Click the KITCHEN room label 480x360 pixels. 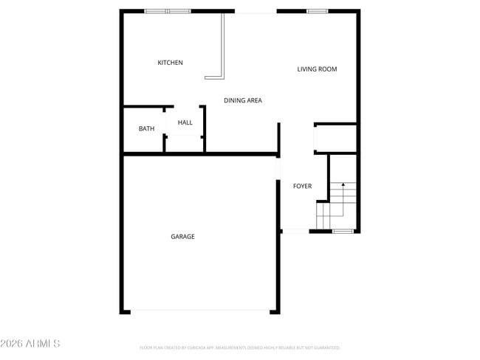point(170,63)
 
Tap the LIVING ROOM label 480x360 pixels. point(317,69)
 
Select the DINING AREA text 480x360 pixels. point(243,100)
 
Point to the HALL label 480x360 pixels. point(185,122)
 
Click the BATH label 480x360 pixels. point(146,129)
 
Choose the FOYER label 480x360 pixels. point(302,186)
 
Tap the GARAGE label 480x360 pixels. point(182,237)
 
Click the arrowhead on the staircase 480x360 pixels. point(343,185)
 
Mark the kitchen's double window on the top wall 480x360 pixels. point(168,11)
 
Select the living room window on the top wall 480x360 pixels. point(318,11)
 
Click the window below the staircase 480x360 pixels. point(342,232)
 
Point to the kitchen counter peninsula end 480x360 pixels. point(214,76)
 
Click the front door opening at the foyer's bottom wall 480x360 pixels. point(295,232)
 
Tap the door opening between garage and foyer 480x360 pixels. point(278,169)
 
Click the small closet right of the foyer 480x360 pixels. point(336,138)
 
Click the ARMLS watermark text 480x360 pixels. point(30,344)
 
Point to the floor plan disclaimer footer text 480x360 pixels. point(239,347)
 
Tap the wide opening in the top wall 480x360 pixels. point(256,12)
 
